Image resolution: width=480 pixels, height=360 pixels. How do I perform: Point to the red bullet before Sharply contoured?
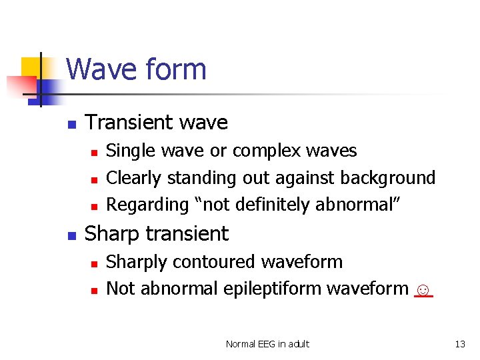coord(94,263)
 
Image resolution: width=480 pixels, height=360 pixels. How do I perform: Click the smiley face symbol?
coord(423,290)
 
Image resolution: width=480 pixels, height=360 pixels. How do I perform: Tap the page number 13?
coord(459,344)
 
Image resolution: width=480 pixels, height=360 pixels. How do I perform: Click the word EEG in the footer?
coord(267,344)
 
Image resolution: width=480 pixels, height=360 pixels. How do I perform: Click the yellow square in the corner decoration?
coord(31,67)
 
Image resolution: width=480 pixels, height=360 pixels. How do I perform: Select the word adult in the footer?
coord(298,344)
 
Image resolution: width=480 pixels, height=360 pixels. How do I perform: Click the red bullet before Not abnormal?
coord(94,290)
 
